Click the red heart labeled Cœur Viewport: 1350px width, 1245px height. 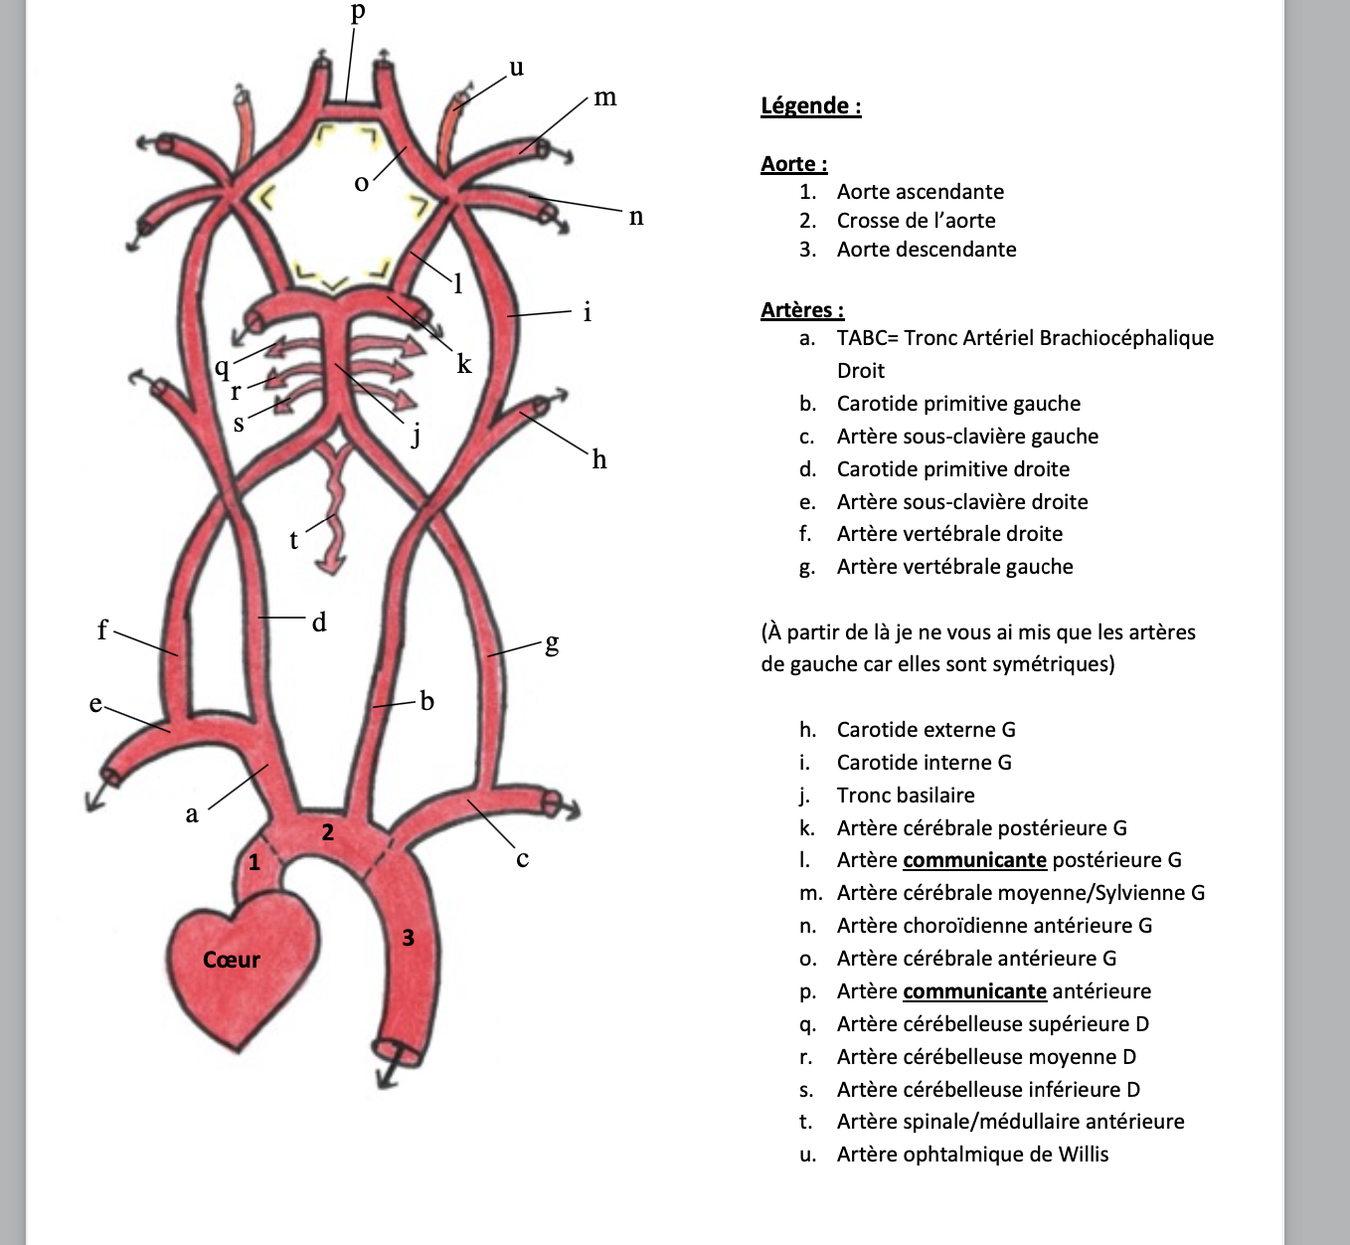tap(239, 959)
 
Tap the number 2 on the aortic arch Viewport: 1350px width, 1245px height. tap(328, 832)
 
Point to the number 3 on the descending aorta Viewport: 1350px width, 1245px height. tap(408, 937)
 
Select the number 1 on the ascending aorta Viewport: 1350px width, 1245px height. tap(254, 862)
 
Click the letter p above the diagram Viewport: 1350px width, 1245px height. tap(358, 11)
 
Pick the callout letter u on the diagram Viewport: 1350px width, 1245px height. tap(516, 68)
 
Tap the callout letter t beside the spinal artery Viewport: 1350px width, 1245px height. tap(293, 540)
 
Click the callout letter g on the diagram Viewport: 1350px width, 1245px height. tap(552, 643)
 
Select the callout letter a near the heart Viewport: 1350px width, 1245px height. tap(192, 814)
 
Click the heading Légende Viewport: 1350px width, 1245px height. tap(810, 105)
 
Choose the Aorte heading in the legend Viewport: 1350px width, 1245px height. tap(793, 164)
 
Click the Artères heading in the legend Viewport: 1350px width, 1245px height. tap(801, 310)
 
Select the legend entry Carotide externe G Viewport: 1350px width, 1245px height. tap(926, 730)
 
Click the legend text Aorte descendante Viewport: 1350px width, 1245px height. tap(926, 250)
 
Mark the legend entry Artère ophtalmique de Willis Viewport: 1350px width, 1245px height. tap(972, 1154)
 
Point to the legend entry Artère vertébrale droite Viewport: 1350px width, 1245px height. tap(948, 534)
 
